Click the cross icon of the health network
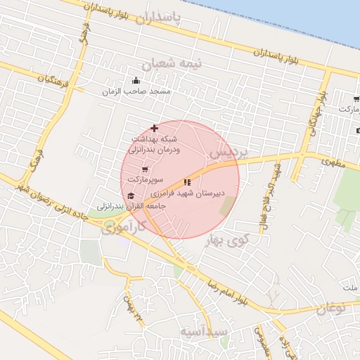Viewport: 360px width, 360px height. click(155, 128)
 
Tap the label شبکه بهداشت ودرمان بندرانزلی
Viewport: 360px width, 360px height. click(154, 144)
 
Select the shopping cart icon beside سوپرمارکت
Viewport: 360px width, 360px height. click(145, 169)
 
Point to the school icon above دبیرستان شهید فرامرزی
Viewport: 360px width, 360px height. click(187, 183)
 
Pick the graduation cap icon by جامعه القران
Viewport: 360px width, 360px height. click(131, 196)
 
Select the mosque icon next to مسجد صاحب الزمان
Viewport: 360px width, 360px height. click(136, 81)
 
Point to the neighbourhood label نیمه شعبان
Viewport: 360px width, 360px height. click(172, 63)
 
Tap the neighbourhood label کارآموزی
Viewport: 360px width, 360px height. click(122, 227)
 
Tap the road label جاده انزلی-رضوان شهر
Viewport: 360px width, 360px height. click(54, 200)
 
